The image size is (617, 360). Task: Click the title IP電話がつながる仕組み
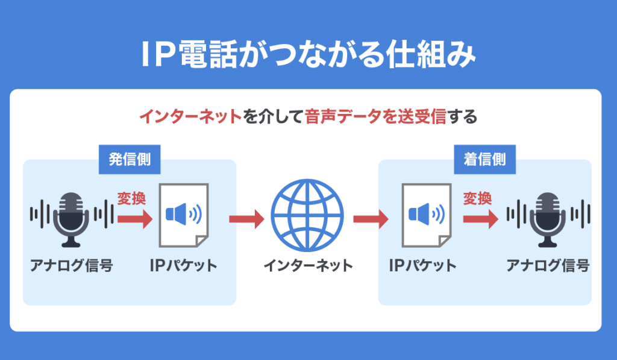coord(308,55)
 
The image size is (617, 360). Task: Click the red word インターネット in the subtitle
coord(190,116)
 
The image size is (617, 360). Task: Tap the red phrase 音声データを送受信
coord(375,116)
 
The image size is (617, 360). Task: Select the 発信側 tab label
coord(130,159)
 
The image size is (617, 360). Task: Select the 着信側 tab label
coord(485,159)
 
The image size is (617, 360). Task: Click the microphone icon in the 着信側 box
coord(548,219)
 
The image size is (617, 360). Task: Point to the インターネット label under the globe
coord(308,266)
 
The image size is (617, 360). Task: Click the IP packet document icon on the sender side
coord(184,215)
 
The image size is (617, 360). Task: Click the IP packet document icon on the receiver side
coord(426,215)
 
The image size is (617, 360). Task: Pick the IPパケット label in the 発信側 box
coord(183,266)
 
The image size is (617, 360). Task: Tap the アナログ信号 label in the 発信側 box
coord(72,266)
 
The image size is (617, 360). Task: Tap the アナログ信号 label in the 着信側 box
coord(548,266)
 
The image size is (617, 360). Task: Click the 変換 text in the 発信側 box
coord(132,199)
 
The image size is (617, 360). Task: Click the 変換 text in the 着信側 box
coord(478,198)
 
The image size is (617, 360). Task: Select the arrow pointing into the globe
coord(247,219)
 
